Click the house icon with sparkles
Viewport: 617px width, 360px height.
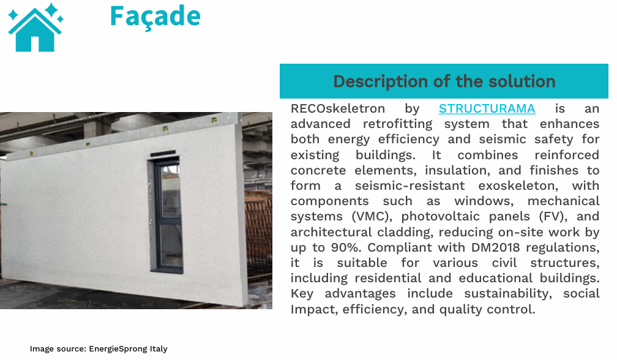pyautogui.click(x=36, y=27)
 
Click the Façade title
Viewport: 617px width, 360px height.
pyautogui.click(x=155, y=17)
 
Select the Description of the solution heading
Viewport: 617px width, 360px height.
pyautogui.click(x=444, y=81)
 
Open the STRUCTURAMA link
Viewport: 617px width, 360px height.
pyautogui.click(x=487, y=108)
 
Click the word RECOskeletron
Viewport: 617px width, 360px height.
pyautogui.click(x=338, y=108)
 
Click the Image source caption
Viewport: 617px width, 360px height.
pyautogui.click(x=99, y=349)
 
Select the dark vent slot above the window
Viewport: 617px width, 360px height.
pyautogui.click(x=163, y=153)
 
